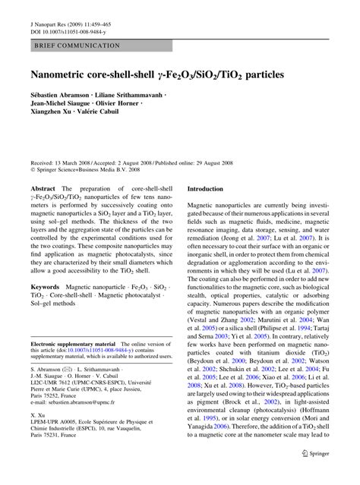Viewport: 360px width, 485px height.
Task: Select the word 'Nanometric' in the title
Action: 61,76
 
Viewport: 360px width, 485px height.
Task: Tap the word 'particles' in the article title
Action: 257,76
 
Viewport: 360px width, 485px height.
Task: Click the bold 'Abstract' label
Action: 43,187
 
